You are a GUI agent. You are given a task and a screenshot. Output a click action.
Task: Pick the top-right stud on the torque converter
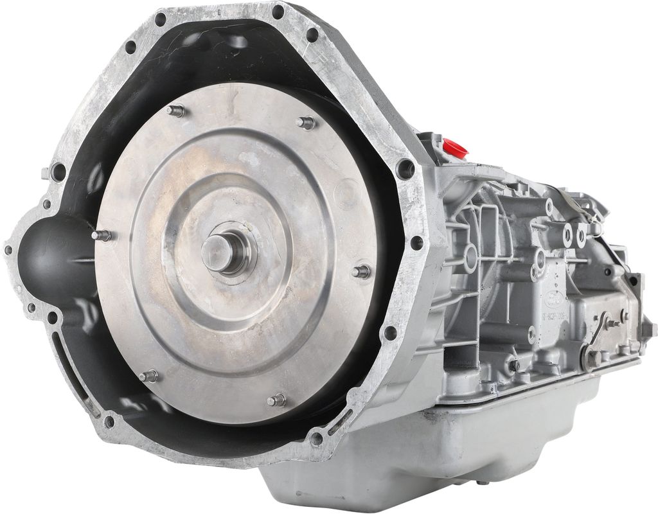click(307, 123)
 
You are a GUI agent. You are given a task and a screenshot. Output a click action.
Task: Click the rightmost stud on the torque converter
click(362, 272)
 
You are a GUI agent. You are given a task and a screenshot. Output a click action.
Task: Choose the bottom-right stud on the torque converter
click(276, 401)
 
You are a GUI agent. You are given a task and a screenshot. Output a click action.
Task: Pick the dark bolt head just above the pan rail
click(513, 365)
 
